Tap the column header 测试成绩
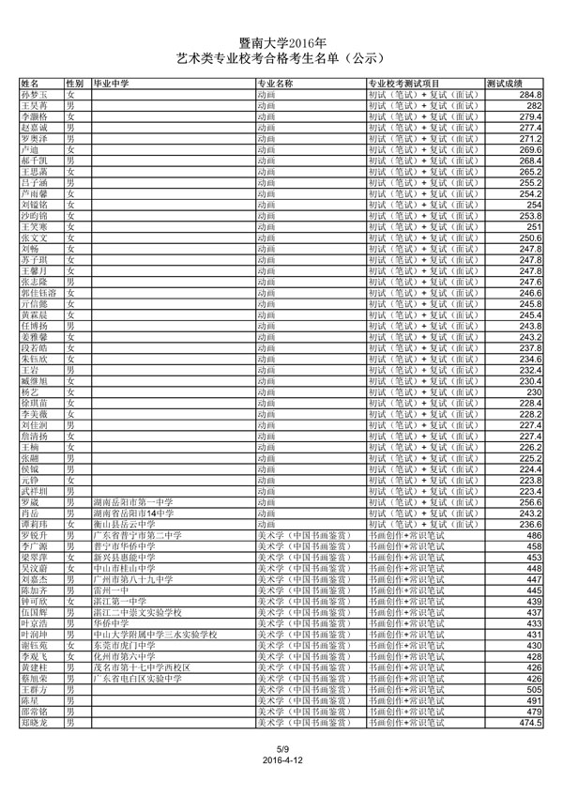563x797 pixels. [505, 84]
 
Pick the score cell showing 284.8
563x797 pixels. [530, 96]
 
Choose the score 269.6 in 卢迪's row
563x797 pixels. [530, 150]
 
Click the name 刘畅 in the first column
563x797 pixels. [29, 249]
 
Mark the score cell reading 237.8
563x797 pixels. [530, 347]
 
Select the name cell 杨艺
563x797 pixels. [29, 391]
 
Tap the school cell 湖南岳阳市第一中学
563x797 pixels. [134, 501]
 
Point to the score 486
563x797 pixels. [535, 535]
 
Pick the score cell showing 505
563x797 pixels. [535, 689]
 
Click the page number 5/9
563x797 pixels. [281, 748]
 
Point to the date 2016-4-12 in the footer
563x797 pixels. [281, 759]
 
